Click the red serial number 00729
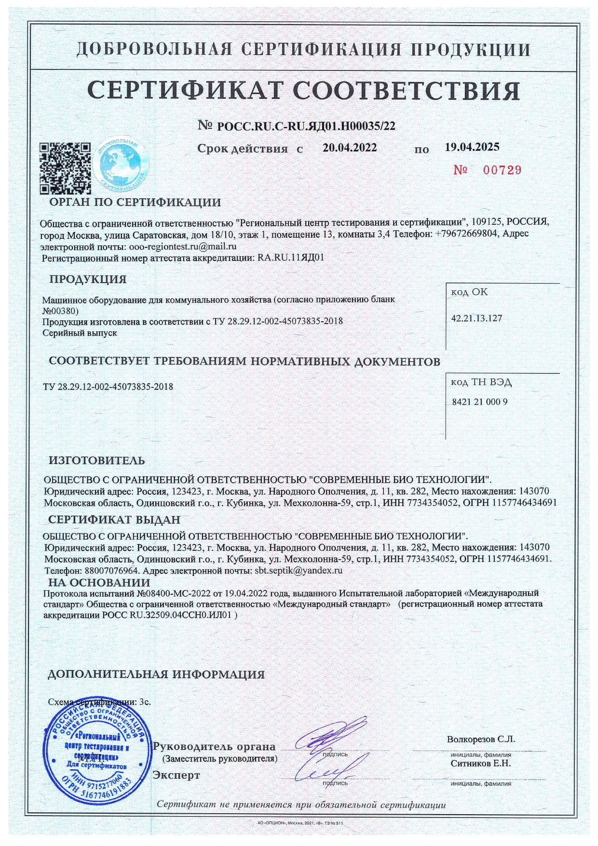coord(488,170)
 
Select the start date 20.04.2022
coord(350,148)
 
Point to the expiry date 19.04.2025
coord(472,147)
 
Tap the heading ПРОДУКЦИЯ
coord(88,279)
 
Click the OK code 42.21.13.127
coord(476,318)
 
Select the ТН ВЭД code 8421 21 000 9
coord(479,402)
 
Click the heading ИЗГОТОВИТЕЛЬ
coord(96,461)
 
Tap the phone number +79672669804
coord(467,233)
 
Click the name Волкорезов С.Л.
coord(481,739)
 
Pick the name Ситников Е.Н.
coord(480,764)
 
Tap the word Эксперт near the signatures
coord(176,775)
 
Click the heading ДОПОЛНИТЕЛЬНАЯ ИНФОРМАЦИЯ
coord(156,674)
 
